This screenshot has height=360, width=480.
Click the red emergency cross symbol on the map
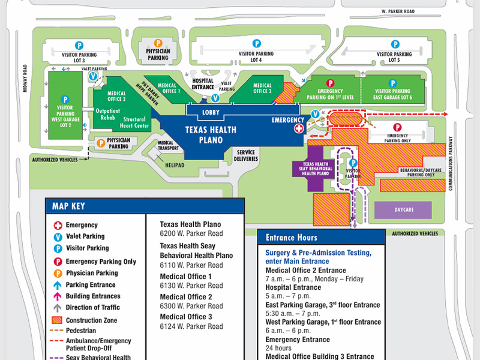298,129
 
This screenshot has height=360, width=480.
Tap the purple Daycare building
403,210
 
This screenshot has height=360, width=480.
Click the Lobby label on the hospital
211,112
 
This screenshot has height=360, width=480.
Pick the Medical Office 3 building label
262,88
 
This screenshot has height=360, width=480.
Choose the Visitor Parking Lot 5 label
394,57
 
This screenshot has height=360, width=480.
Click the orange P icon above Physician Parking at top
158,43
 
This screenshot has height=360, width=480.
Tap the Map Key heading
68,206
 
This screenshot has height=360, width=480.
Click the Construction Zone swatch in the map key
58,320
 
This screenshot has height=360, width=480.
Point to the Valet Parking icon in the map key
58,236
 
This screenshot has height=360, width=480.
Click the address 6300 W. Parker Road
191,306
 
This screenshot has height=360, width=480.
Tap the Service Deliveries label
247,155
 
